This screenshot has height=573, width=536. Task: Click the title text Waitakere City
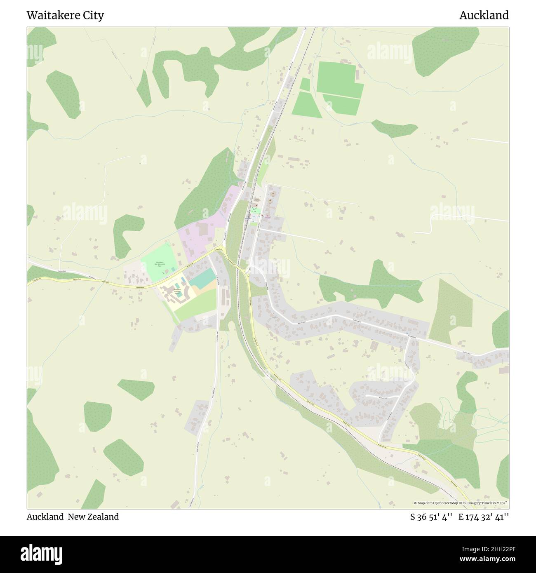(65, 15)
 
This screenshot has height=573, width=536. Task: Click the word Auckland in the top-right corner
(484, 15)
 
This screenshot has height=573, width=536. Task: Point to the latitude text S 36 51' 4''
(432, 517)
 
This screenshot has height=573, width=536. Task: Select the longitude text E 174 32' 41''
(484, 517)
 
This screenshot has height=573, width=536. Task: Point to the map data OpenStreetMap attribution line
(461, 503)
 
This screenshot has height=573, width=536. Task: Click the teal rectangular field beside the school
(202, 278)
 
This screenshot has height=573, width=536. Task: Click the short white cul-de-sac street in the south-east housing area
(381, 396)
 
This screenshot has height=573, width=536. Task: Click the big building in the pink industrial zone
(202, 228)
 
